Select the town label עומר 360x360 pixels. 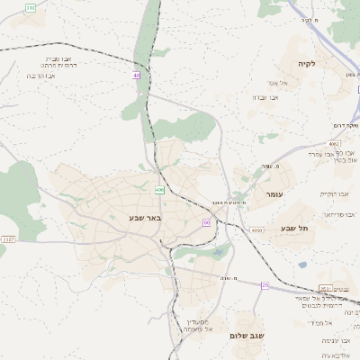274,194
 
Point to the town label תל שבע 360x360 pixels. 294,229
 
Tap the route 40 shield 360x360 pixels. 137,75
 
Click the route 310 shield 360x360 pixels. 31,7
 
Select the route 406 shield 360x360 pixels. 159,190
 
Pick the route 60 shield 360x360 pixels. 206,222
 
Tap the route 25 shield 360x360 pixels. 265,284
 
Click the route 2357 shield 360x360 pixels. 8,238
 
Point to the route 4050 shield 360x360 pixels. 257,230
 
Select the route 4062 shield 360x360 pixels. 334,143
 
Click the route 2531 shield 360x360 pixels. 325,288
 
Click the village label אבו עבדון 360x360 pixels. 262,97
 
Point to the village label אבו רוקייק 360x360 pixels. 334,193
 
